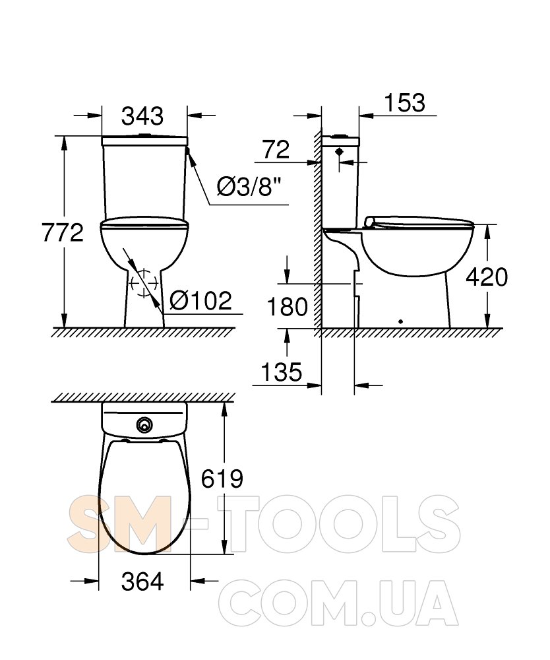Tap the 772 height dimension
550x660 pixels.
click(63, 233)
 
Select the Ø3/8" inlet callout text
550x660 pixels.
click(249, 187)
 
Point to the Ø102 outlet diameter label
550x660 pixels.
click(200, 301)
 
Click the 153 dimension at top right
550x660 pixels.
click(404, 102)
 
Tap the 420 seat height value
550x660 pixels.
click(487, 277)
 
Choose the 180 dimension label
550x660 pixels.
click(288, 307)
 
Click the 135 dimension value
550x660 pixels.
click(282, 372)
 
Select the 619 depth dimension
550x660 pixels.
click(222, 478)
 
